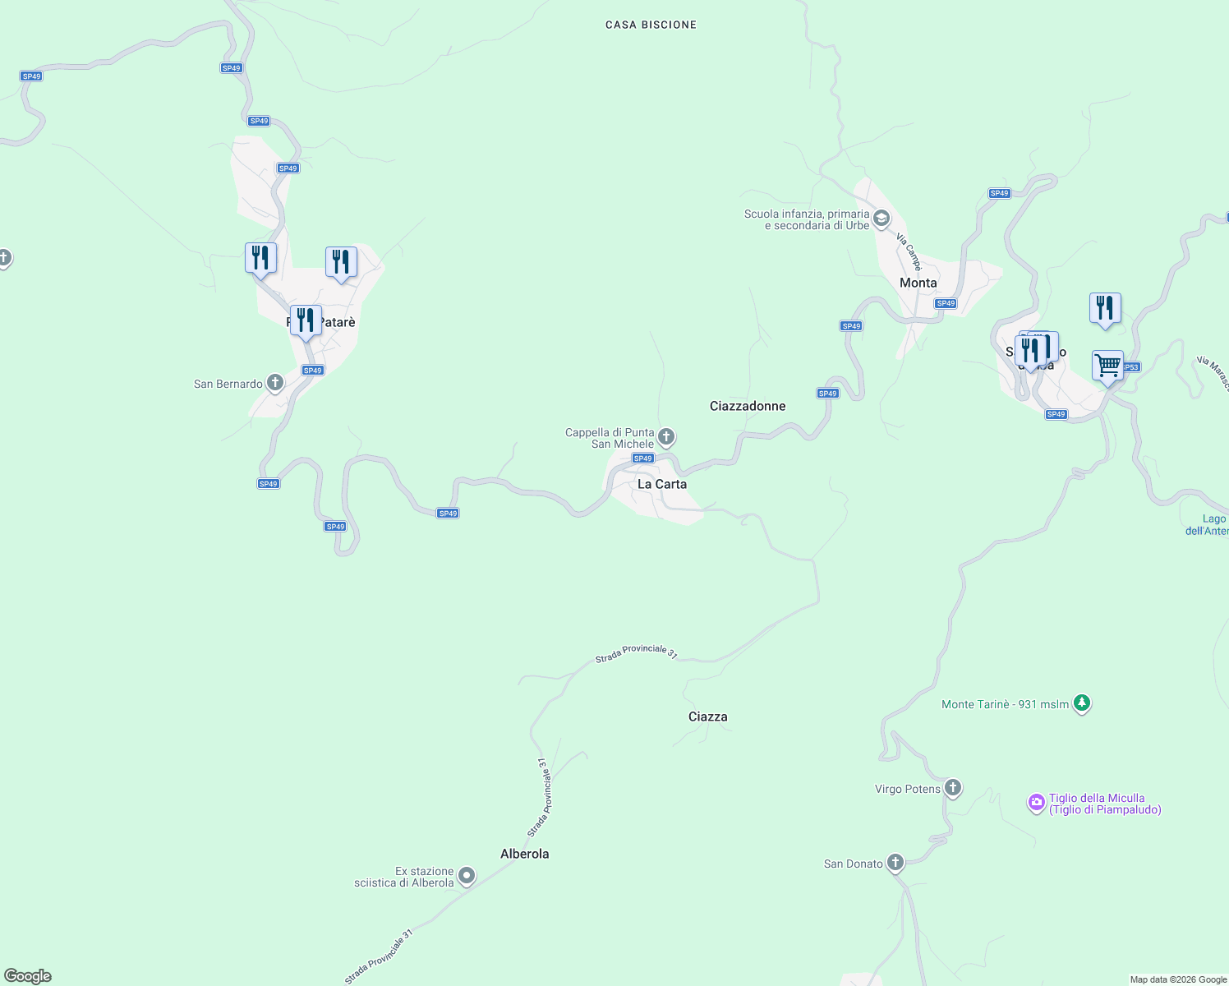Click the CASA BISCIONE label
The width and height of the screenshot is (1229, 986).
(651, 25)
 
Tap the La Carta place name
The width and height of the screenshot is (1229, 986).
(662, 484)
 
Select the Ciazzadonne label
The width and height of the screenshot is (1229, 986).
(748, 406)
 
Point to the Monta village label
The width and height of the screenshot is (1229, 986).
(918, 283)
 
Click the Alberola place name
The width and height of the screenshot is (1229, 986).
(525, 854)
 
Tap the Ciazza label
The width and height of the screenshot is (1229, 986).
(708, 716)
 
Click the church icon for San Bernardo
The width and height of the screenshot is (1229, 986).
(275, 383)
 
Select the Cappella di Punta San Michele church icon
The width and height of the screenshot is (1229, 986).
(666, 436)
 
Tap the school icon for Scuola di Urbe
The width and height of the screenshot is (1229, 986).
(881, 219)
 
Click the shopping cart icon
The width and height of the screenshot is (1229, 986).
(1107, 365)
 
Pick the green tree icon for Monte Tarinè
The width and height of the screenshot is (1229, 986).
(1082, 703)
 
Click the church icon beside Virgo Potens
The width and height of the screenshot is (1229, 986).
(953, 788)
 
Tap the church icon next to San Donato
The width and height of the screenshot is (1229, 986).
(895, 863)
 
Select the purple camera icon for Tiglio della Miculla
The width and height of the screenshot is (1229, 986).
(1037, 803)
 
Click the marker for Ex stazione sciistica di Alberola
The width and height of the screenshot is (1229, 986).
(467, 876)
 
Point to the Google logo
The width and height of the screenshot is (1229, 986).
(28, 976)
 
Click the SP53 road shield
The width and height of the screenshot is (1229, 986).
(1131, 367)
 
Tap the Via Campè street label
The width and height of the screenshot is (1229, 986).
(909, 251)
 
